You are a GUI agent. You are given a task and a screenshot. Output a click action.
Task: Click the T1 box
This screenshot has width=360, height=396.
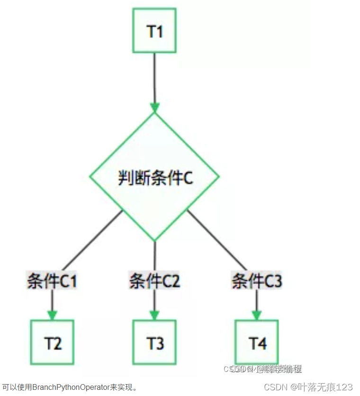[x=154, y=30]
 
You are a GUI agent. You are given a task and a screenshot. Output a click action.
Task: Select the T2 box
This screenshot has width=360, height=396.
[x=52, y=342]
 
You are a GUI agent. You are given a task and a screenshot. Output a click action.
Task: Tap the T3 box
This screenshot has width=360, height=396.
[x=154, y=342]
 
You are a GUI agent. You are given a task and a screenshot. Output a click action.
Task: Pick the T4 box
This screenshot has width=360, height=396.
[x=257, y=342]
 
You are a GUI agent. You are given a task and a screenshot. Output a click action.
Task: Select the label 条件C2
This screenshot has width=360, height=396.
[x=154, y=281]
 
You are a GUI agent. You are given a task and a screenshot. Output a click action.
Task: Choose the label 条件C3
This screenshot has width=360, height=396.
[x=257, y=281]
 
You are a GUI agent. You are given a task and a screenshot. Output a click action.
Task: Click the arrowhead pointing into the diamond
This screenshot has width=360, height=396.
[x=154, y=107]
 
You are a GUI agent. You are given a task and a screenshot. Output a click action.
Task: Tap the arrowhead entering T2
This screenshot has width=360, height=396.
[x=52, y=315]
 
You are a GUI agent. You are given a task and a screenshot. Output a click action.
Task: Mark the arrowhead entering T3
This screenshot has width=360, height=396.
[x=154, y=315]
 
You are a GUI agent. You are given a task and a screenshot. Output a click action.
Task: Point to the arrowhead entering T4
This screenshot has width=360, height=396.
[x=257, y=315]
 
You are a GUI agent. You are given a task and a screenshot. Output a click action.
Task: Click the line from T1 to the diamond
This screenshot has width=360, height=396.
[x=154, y=76]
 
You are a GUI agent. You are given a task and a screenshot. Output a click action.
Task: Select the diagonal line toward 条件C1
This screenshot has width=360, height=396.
[x=90, y=242]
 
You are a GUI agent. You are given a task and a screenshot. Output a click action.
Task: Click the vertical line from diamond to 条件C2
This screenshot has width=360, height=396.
[x=154, y=256]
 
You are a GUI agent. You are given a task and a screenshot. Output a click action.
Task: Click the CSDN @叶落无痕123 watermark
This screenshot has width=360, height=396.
[x=308, y=387]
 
